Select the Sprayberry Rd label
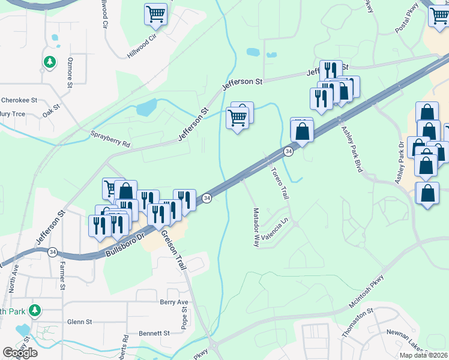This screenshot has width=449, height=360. coord(110,140)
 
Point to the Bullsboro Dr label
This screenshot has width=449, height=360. coord(125,245)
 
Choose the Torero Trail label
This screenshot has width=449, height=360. coord(280,184)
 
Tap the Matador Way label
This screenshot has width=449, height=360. coord(256,228)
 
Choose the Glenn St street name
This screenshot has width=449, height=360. coord(79,322)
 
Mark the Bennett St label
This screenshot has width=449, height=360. coord(155,333)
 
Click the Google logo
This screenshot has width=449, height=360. coord(20,352)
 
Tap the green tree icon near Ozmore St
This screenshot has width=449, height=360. coord(50,61)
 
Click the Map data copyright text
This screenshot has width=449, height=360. coord(423,355)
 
